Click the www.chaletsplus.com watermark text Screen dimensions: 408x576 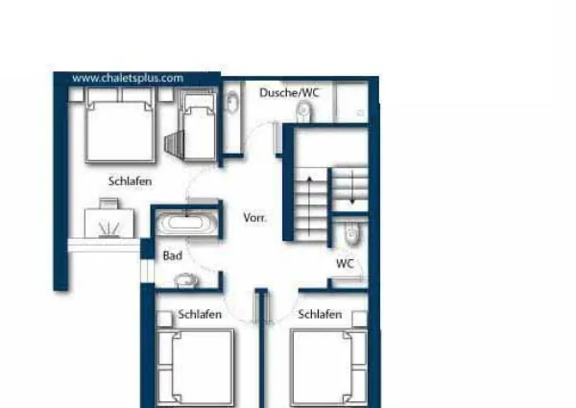point(128,78)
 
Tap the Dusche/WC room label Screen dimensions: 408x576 point(289,92)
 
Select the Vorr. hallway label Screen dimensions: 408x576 point(254,217)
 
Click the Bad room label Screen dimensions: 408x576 point(173,255)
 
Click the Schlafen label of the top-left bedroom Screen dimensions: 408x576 point(130,180)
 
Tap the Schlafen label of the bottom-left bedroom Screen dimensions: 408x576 point(200,314)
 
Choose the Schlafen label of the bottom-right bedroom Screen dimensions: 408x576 point(320,314)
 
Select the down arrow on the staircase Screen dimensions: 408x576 point(353,186)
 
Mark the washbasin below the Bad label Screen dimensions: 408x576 point(184,280)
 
